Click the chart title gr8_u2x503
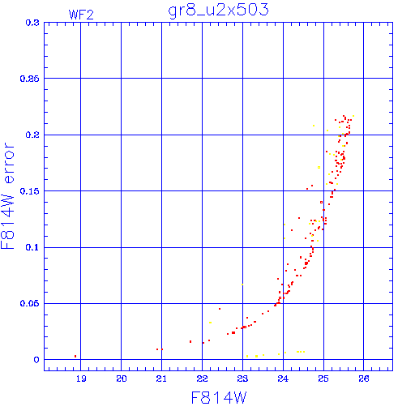pyautogui.click(x=218, y=11)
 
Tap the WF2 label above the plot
pyautogui.click(x=81, y=15)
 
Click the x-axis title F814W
pyautogui.click(x=219, y=398)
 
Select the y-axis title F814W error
pyautogui.click(x=7, y=196)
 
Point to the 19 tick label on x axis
pyautogui.click(x=81, y=379)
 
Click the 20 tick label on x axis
pyautogui.click(x=122, y=379)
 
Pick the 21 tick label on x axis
pyautogui.click(x=161, y=379)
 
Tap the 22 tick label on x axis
pyautogui.click(x=202, y=379)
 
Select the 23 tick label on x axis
pyautogui.click(x=242, y=379)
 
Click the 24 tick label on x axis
pyautogui.click(x=283, y=379)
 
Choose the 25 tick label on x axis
pyautogui.click(x=323, y=379)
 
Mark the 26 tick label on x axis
pyautogui.click(x=364, y=379)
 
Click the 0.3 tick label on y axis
pyautogui.click(x=32, y=23)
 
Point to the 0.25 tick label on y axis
pyautogui.click(x=29, y=79)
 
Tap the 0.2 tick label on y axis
pyautogui.click(x=32, y=135)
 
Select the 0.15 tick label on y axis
pyautogui.click(x=29, y=191)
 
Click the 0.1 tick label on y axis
pyautogui.click(x=32, y=247)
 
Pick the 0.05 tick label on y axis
pyautogui.click(x=29, y=303)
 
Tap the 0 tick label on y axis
pyautogui.click(x=36, y=360)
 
